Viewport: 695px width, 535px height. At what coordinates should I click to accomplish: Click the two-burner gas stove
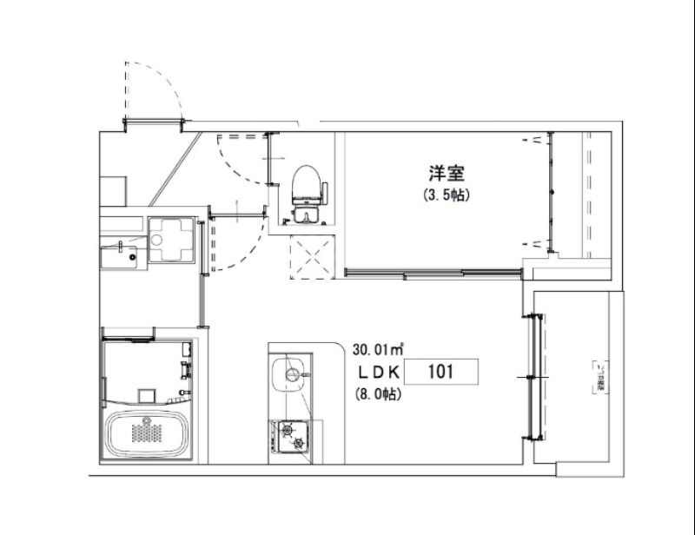[291, 434]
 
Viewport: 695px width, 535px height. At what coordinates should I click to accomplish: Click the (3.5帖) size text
[445, 195]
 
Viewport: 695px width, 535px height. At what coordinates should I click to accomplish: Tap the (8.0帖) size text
[377, 394]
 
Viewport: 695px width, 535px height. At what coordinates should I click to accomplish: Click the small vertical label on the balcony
[599, 376]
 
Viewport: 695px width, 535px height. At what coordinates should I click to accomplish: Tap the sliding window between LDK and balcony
[533, 376]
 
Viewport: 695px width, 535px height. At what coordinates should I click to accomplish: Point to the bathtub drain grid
[145, 432]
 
